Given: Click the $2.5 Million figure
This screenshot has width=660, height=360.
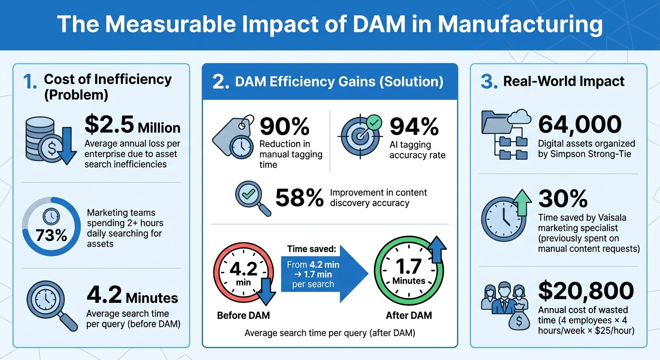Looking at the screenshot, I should click(133, 126).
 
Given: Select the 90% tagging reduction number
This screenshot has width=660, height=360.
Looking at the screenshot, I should click(285, 126).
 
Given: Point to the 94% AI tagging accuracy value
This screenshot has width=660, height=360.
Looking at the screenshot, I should click(414, 126).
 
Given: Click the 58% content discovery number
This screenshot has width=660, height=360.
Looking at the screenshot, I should click(300, 198).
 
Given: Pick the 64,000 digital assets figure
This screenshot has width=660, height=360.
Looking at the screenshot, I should click(580, 124).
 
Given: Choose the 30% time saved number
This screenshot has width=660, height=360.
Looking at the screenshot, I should click(562, 199).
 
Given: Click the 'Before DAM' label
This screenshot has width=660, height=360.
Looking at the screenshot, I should click(243, 315).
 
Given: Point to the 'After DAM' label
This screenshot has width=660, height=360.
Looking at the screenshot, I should click(408, 315).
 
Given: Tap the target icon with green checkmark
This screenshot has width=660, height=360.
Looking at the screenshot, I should click(361, 136).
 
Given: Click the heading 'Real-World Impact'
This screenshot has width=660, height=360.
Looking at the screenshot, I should click(563, 81).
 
